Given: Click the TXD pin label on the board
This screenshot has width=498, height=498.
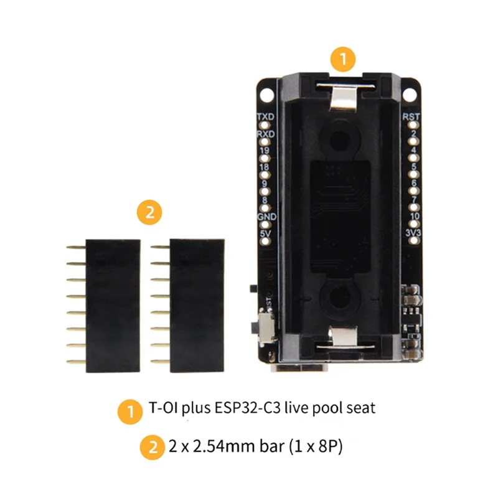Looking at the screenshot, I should click(x=266, y=116).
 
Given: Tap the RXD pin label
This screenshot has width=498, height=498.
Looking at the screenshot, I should click(x=266, y=133).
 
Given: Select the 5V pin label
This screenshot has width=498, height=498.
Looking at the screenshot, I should click(x=266, y=233).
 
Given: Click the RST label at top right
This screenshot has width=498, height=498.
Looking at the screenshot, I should click(x=411, y=116).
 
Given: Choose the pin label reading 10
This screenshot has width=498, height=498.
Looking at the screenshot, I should click(x=413, y=216).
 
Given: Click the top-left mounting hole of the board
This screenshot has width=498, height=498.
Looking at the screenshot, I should click(x=266, y=93).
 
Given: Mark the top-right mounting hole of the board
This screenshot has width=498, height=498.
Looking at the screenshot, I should click(x=410, y=93).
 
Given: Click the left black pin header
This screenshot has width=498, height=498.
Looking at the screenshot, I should click(x=112, y=306).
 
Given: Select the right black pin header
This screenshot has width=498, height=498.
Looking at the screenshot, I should click(x=196, y=306).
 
